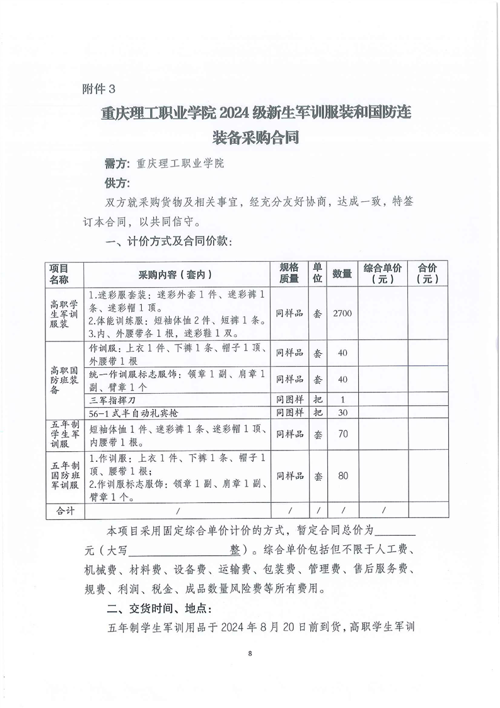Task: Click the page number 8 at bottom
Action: (x=250, y=653)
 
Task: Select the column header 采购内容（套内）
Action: (x=175, y=274)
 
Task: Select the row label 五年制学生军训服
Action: (x=64, y=434)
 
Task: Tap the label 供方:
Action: (x=117, y=183)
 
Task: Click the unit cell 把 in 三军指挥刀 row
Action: (x=318, y=400)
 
